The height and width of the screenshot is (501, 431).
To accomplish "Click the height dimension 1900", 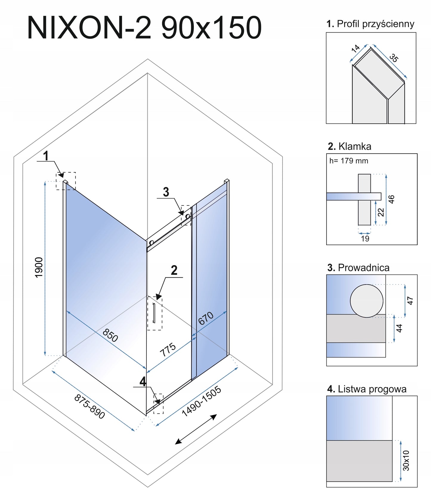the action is [39, 267].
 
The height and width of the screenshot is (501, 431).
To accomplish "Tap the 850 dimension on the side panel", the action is [110, 335].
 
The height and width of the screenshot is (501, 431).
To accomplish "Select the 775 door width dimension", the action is [168, 350].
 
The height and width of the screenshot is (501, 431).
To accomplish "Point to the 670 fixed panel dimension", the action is [206, 318].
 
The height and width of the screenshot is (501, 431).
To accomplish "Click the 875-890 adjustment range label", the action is [89, 406].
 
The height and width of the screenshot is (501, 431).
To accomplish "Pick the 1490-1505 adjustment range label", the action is [202, 401].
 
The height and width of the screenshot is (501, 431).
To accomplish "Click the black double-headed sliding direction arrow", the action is [196, 429].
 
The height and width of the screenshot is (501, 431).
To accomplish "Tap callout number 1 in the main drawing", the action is [46, 156].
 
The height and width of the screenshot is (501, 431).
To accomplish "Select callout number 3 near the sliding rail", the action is [166, 192].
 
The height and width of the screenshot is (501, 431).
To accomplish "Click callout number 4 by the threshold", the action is [143, 382].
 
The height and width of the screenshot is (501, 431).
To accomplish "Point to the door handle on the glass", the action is [154, 313].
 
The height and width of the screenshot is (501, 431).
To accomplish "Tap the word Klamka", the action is [355, 146].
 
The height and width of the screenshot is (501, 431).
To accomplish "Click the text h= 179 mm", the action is [349, 161].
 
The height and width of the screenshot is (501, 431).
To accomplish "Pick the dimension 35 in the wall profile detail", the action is [394, 58].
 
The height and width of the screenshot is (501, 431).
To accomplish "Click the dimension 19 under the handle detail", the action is [365, 239].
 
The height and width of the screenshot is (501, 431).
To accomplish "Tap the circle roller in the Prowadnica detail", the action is [367, 301].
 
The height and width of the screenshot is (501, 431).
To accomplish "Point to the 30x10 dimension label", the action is [406, 460].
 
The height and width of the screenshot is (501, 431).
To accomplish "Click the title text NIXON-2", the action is [89, 28].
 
